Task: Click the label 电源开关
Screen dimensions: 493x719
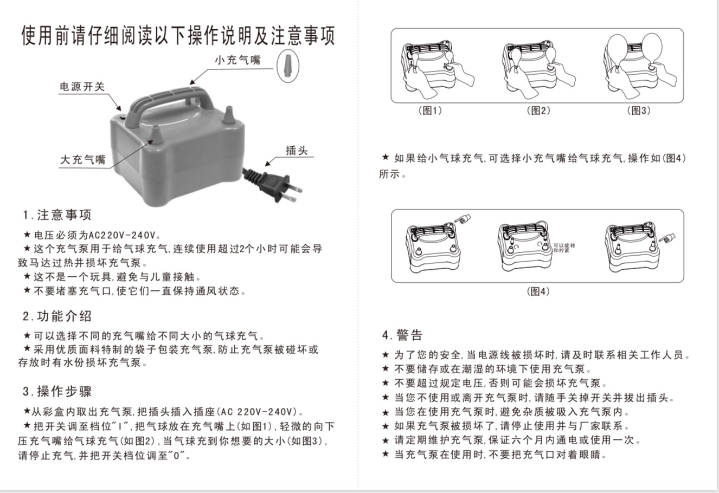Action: click(x=82, y=86)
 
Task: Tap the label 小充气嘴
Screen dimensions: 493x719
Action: click(x=237, y=60)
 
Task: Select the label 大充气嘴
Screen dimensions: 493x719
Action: click(x=83, y=160)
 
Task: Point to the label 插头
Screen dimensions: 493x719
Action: click(x=297, y=151)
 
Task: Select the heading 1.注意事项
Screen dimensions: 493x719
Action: click(x=57, y=215)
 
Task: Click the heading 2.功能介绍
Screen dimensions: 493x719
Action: click(x=57, y=316)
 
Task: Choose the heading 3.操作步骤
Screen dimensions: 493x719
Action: click(x=57, y=391)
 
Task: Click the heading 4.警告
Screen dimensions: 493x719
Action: click(x=402, y=335)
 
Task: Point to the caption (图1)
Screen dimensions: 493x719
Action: click(x=430, y=111)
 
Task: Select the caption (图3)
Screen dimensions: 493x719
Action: click(x=638, y=111)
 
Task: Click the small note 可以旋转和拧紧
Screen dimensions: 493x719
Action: click(x=564, y=248)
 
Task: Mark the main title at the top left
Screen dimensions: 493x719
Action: click(x=178, y=35)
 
